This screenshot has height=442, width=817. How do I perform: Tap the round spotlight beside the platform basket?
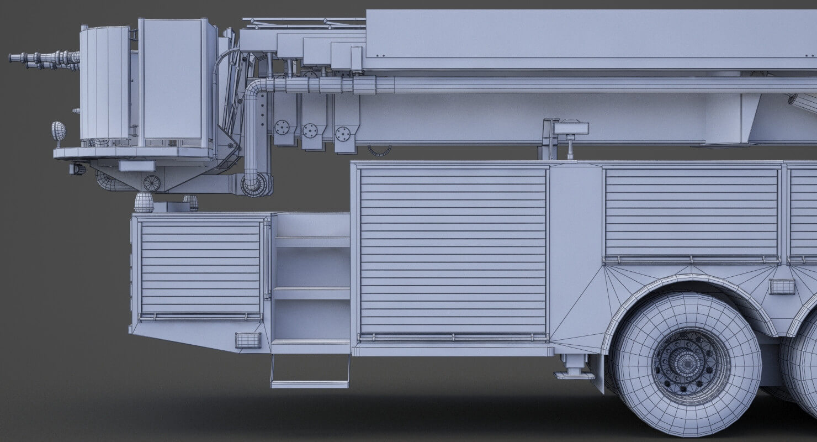point(58,131)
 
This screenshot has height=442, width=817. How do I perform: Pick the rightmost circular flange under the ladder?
point(343,133)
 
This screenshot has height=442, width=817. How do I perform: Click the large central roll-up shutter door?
point(452,251)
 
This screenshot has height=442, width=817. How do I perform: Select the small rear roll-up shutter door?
point(200,267)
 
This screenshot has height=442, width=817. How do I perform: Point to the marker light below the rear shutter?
point(247,340)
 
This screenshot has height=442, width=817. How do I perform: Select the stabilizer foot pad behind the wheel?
point(574,374)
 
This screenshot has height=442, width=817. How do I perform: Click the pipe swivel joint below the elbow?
point(257,185)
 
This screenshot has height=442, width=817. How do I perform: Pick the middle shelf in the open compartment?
point(311,293)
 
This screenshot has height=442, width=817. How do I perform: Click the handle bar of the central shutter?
point(452,336)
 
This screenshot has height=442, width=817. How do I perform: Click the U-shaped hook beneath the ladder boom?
point(380,150)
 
